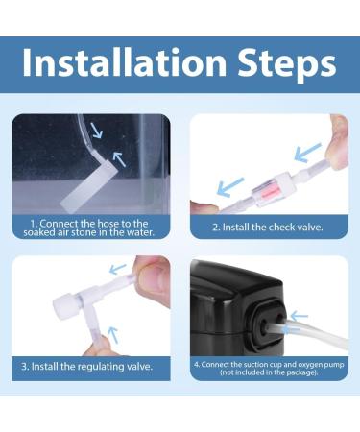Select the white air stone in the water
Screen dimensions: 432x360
point(90,182)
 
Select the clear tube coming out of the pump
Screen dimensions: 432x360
point(317,332)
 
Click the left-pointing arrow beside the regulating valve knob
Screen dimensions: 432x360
point(116,269)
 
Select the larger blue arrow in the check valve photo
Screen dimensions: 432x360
point(308,151)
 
